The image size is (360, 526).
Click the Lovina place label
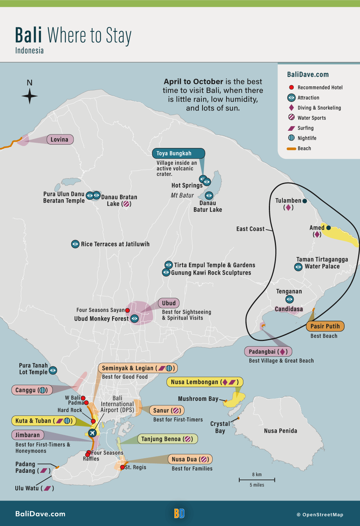60,139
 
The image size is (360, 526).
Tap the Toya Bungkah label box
178,153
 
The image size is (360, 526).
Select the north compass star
30,96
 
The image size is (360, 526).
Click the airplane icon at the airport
92,433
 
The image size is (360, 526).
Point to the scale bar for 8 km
257,480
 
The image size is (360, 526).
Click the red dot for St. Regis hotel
122,467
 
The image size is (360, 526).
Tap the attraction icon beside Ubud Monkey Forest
135,318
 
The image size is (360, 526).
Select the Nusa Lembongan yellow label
204,382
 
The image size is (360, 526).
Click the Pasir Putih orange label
325,326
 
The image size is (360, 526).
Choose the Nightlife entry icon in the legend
291,138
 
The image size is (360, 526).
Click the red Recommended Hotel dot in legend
291,87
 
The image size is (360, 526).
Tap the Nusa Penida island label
280,431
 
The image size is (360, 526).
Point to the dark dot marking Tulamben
304,201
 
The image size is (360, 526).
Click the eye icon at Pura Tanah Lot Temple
53,370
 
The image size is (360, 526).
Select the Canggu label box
31,390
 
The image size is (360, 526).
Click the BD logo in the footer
179,513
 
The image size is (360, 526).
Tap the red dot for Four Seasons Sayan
127,310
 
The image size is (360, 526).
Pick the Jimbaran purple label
28,435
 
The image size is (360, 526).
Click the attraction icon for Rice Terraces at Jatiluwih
75,244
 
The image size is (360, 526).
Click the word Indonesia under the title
29,51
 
